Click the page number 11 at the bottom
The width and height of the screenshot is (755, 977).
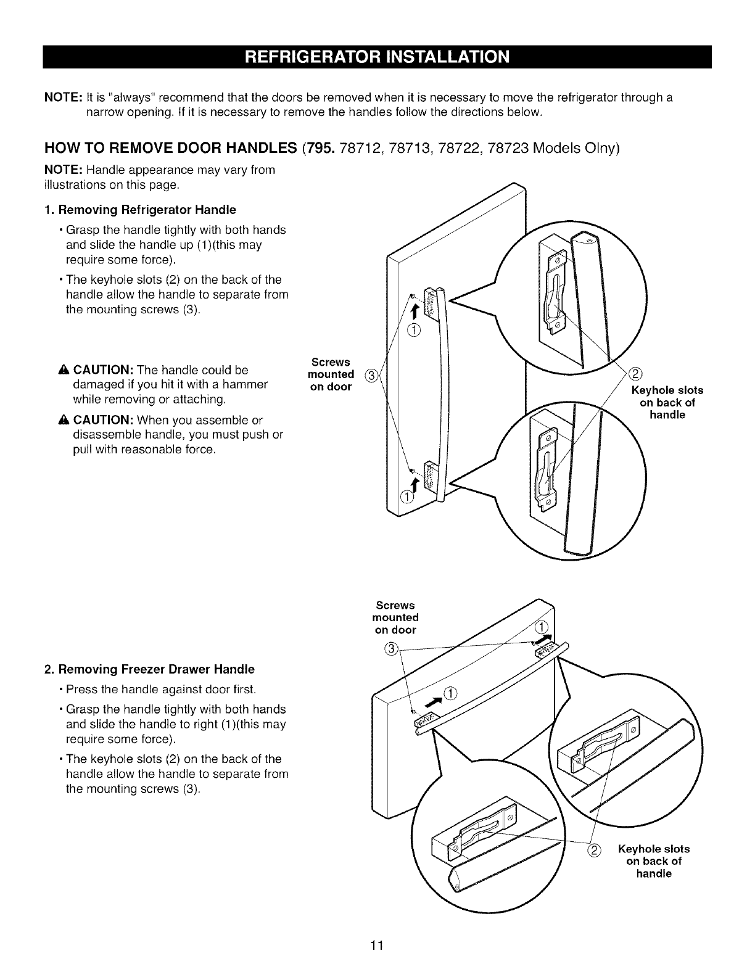pyautogui.click(x=377, y=946)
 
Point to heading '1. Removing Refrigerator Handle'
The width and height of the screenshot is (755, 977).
pyautogui.click(x=140, y=210)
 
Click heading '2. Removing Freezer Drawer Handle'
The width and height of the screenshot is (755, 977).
pyautogui.click(x=149, y=669)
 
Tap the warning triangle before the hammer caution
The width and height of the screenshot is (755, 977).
pyautogui.click(x=67, y=370)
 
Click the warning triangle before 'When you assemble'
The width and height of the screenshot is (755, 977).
pyautogui.click(x=67, y=421)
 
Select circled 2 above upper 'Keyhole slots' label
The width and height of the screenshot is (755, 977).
pyautogui.click(x=636, y=374)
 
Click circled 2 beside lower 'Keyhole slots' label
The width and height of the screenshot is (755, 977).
pyautogui.click(x=594, y=849)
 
